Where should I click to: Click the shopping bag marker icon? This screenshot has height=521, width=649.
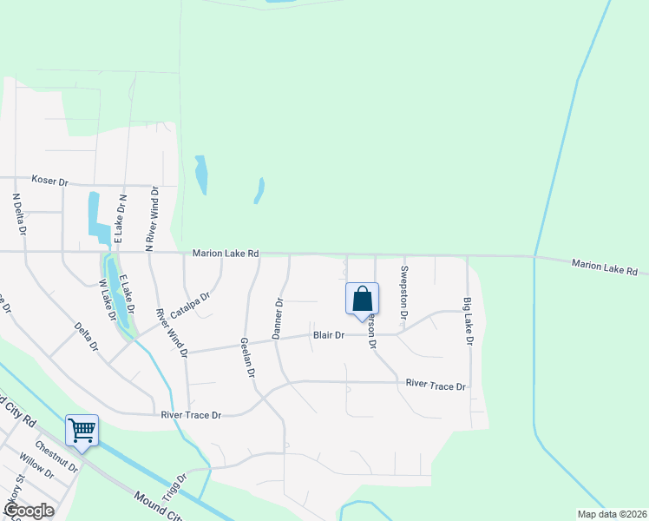362,299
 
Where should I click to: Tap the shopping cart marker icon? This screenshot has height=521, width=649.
82,430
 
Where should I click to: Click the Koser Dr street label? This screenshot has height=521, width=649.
49,181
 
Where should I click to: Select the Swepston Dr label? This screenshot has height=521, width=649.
403,280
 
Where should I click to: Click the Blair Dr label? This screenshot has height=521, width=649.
329,335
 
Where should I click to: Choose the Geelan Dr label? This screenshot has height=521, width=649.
246,357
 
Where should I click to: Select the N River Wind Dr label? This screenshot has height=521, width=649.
152,220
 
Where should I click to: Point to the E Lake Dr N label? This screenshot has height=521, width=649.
122,217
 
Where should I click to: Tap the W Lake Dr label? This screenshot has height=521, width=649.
108,300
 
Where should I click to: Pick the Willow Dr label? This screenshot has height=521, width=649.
36,477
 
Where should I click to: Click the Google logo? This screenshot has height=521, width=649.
29,510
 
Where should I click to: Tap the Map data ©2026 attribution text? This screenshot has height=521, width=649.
612,514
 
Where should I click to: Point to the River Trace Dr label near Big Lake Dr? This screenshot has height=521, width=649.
436,385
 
